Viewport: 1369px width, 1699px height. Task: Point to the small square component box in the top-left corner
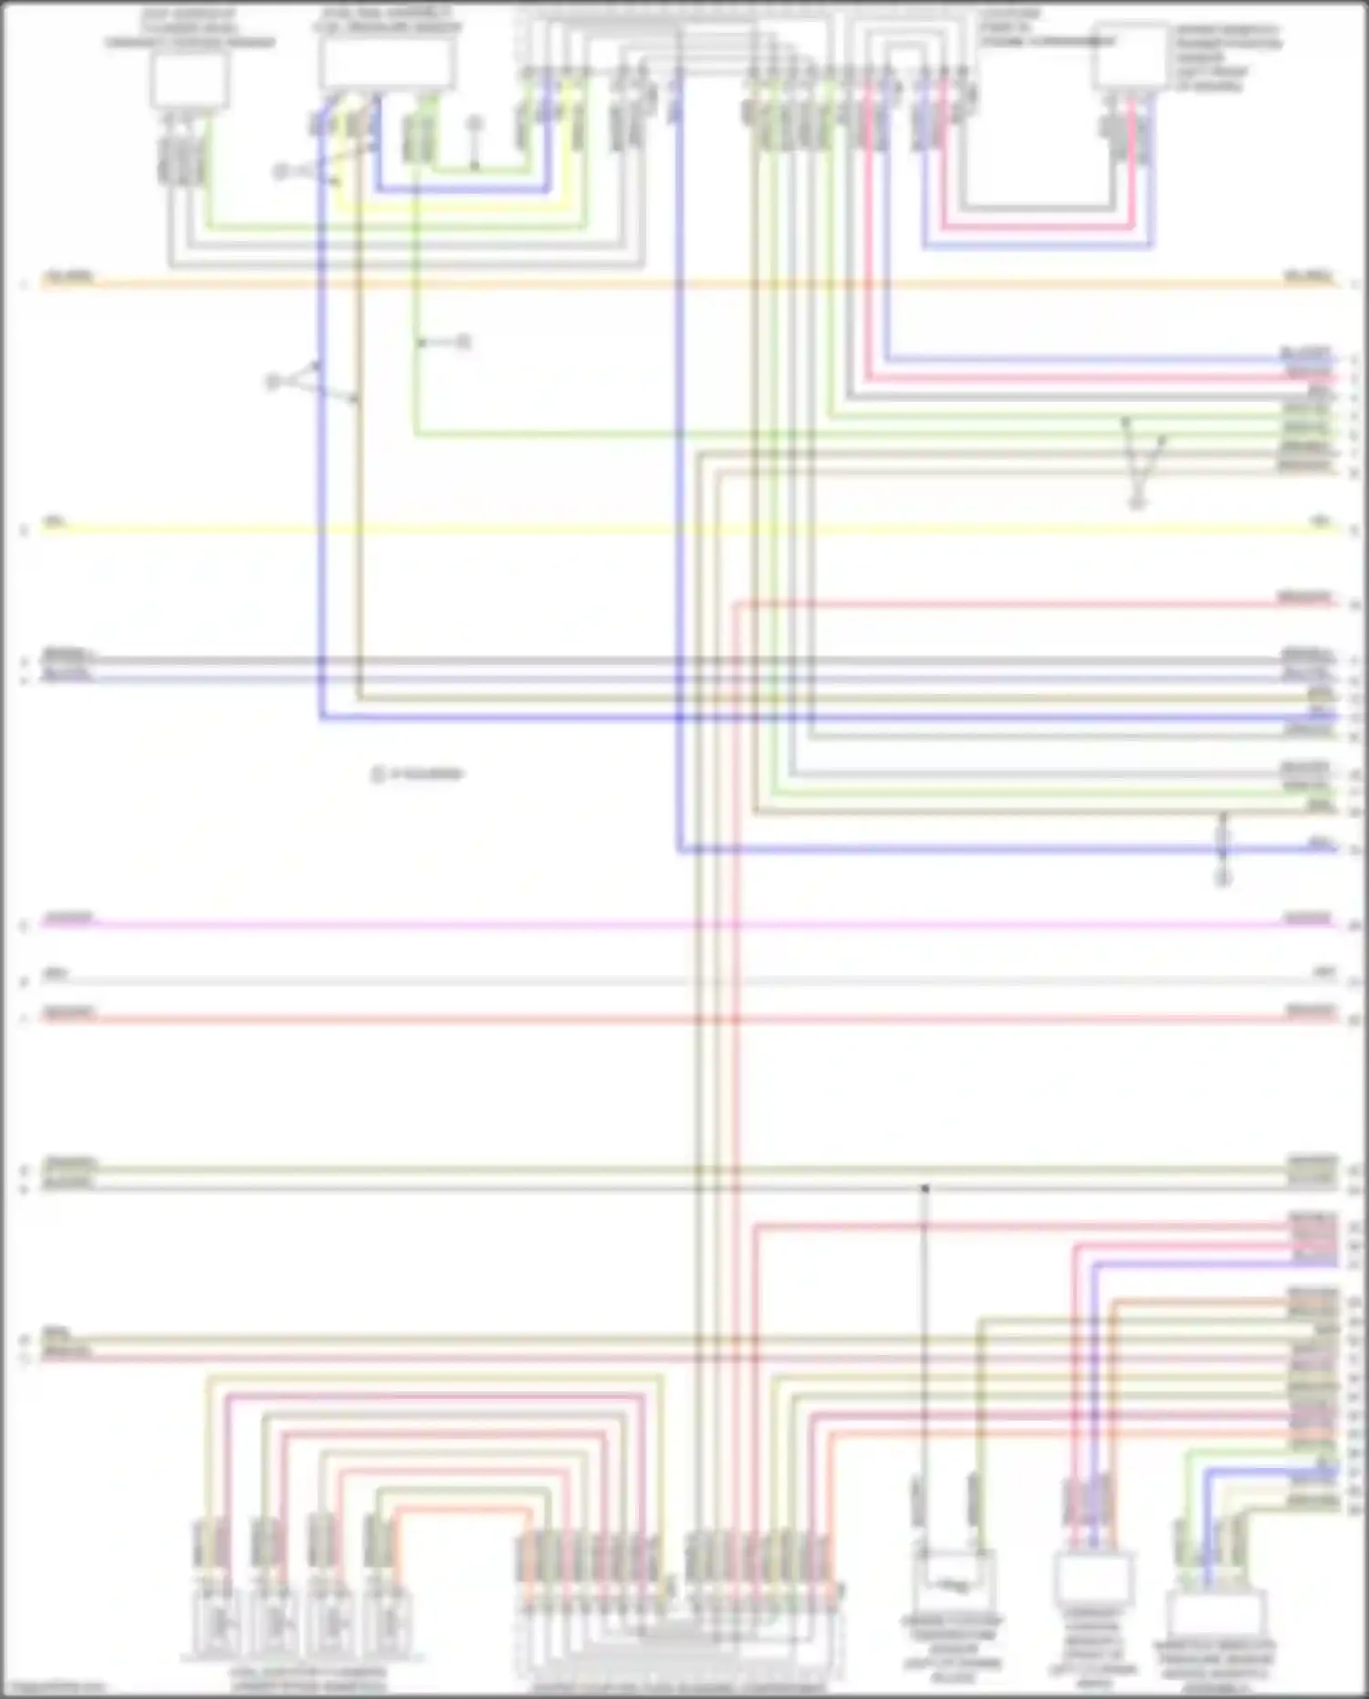(190, 80)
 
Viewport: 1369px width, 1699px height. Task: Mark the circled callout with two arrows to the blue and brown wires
(273, 383)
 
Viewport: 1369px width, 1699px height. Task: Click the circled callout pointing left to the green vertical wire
(464, 342)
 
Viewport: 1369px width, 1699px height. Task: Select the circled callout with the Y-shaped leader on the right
(1137, 503)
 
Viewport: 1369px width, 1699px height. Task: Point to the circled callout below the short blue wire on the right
(1223, 878)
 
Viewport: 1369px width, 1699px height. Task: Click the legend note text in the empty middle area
(418, 774)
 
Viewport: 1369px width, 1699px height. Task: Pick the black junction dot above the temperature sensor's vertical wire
(925, 1189)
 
